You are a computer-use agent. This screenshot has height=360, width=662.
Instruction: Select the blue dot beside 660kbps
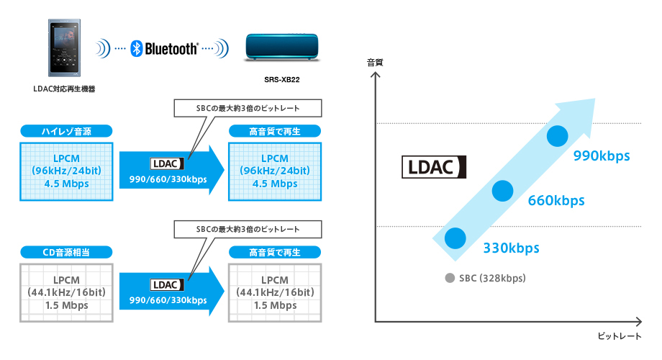(502, 190)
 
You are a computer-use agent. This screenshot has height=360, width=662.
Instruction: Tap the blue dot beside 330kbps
(455, 238)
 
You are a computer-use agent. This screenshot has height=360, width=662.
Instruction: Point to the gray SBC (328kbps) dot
(450, 278)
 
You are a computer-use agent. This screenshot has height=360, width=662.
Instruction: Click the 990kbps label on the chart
(602, 156)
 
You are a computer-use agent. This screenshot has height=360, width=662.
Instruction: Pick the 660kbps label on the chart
(556, 200)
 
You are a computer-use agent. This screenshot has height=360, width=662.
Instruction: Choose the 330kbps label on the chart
(511, 248)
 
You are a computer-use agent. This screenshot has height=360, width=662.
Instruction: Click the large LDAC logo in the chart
(434, 167)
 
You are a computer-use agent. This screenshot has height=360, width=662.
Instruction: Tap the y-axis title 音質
(375, 63)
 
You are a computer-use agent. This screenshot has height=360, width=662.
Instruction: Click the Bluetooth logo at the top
(165, 49)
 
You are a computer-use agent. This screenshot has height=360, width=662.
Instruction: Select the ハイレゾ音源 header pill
(66, 131)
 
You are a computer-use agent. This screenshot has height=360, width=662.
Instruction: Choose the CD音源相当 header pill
(66, 252)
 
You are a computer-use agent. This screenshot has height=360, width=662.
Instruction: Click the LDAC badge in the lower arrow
(165, 284)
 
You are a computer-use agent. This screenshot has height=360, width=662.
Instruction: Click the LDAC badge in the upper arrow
(165, 163)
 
